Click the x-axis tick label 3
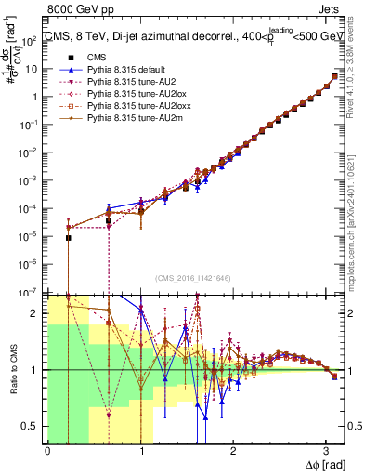point(326,451)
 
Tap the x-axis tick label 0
point(47,451)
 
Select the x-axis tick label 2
point(233,451)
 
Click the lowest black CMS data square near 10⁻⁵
point(68,238)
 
